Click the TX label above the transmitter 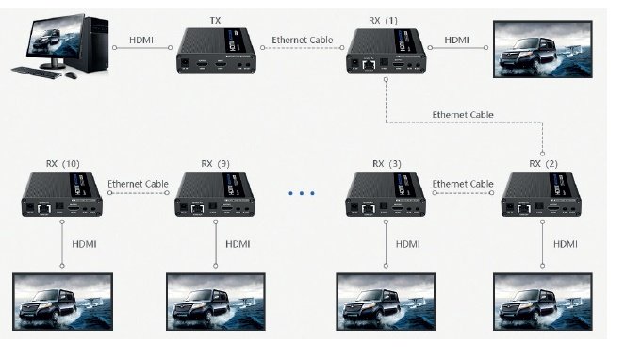[x=215, y=20]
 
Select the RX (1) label [x=383, y=21]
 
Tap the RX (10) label [x=63, y=163]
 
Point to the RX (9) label [x=215, y=163]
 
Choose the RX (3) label [x=387, y=163]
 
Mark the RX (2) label [x=543, y=163]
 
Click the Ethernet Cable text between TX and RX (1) [x=303, y=40]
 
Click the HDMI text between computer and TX [x=141, y=41]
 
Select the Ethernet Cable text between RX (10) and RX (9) [x=138, y=184]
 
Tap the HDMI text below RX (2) [x=566, y=244]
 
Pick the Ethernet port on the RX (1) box [x=369, y=65]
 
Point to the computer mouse [x=72, y=75]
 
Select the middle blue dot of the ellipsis [x=302, y=193]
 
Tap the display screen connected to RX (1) [x=543, y=49]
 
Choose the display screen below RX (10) [x=62, y=302]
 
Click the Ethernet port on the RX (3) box [x=369, y=207]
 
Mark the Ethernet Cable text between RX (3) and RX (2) [x=463, y=184]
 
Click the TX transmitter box [x=216, y=50]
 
